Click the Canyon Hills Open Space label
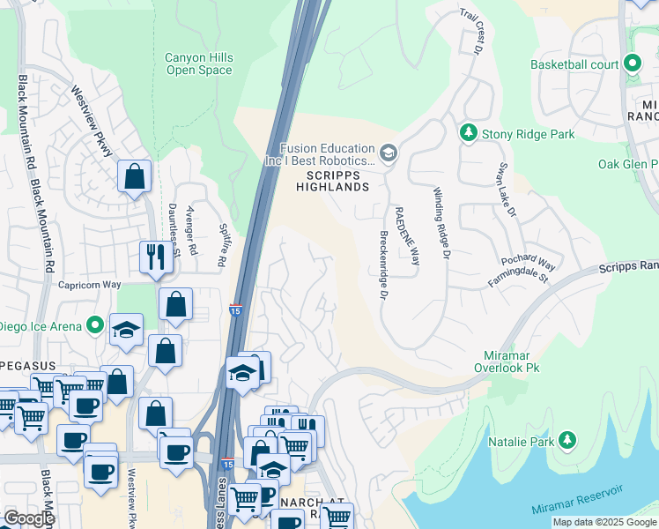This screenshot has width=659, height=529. (199, 63)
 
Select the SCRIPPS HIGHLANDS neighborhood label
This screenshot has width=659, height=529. (331, 181)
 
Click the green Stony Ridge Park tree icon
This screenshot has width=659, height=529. (468, 133)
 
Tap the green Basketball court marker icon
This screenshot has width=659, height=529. (632, 63)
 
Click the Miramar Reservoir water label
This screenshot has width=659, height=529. (577, 499)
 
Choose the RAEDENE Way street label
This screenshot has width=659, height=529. (406, 235)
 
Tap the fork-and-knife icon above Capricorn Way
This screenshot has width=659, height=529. (155, 257)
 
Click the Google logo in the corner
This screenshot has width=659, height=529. (29, 518)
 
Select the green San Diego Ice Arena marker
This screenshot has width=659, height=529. (94, 325)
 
